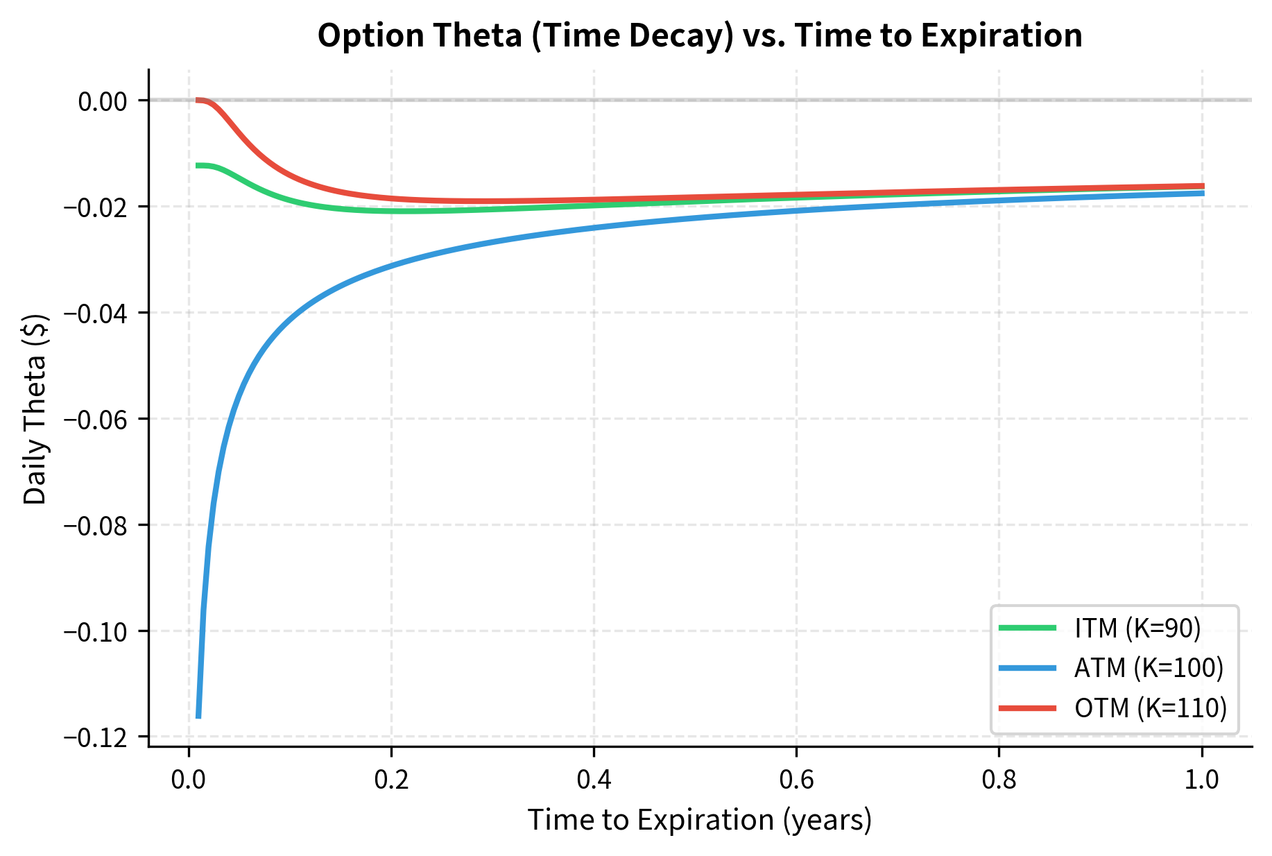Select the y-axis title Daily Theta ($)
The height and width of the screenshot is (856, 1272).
[x=35, y=409]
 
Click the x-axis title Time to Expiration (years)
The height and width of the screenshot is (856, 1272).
[x=699, y=820]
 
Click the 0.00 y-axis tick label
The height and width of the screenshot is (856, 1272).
[x=103, y=101]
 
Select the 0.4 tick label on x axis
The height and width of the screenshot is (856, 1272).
[x=594, y=780]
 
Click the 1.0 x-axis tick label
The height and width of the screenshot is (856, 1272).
[x=1201, y=780]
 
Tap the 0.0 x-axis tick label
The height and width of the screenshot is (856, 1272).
[x=189, y=780]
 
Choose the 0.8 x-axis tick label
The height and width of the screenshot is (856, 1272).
[x=999, y=780]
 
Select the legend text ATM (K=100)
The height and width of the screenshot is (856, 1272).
[x=1149, y=668]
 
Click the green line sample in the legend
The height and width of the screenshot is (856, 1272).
[x=1027, y=628]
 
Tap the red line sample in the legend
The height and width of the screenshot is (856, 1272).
[x=1027, y=708]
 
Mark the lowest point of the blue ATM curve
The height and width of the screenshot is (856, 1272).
[x=198, y=717]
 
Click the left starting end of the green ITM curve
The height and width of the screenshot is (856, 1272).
[x=198, y=165]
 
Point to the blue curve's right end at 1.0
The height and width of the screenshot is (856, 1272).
[x=1202, y=193]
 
